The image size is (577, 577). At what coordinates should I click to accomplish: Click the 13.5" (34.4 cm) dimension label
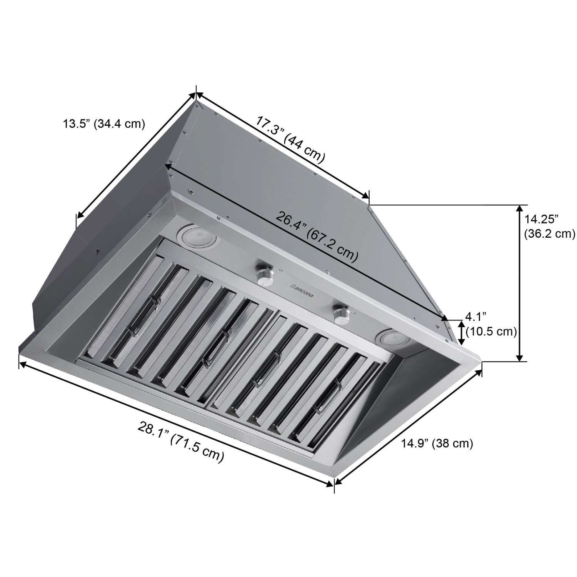click(x=104, y=124)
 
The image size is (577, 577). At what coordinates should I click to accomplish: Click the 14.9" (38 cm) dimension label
click(x=437, y=443)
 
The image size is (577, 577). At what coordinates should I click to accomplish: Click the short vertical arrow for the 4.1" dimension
click(x=462, y=333)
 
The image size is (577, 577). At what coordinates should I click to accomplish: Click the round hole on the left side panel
click(x=96, y=252)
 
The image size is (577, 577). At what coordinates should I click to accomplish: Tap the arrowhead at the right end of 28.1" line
click(x=330, y=484)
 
